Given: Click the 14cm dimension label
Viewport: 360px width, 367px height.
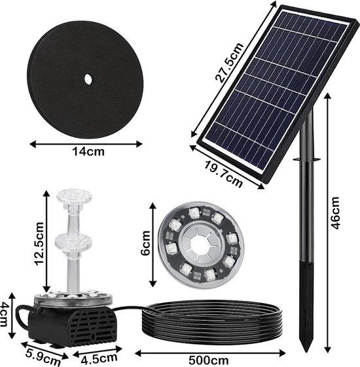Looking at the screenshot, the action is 88,152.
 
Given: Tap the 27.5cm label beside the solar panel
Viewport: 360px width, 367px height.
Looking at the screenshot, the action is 230,63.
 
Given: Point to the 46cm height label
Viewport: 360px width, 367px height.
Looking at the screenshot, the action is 334,213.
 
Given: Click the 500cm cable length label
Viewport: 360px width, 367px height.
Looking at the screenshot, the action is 208,360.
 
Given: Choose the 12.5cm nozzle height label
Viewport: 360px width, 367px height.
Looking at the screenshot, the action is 39,244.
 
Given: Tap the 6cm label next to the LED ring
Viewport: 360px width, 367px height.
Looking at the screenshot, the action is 146,243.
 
